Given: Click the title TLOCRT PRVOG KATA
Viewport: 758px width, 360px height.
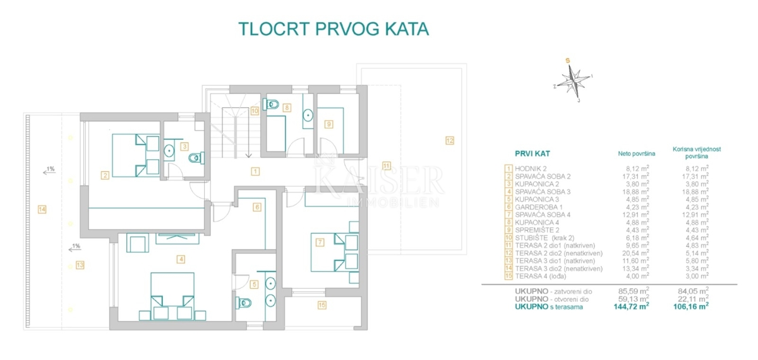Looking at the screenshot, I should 334,29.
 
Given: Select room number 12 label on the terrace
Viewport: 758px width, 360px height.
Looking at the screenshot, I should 449,141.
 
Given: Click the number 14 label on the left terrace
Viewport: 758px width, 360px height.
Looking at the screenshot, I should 42,210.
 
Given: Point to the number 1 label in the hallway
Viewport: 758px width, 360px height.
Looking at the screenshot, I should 254,171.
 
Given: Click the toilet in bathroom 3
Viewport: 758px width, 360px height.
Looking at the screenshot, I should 196,158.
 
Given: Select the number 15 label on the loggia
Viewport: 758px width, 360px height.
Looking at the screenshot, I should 322,306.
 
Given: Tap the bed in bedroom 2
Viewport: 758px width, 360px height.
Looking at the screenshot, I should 135,155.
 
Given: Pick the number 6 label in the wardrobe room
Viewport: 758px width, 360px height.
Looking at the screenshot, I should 257,207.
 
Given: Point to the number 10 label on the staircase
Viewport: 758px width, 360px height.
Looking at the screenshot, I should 254,110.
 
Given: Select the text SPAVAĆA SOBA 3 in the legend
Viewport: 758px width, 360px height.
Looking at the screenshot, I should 543,191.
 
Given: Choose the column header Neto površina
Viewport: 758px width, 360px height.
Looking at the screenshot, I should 635,153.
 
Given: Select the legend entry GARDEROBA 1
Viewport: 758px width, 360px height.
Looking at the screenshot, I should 538,207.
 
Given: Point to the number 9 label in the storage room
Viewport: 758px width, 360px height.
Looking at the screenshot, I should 328,124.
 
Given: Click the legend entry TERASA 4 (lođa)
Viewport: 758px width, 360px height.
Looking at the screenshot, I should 541,276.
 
